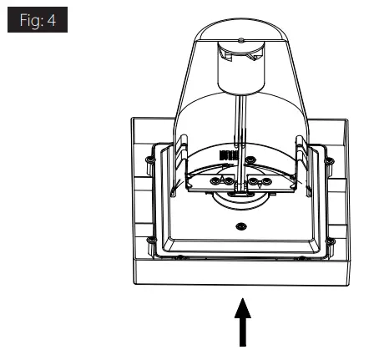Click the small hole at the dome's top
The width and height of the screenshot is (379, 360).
click(x=239, y=39)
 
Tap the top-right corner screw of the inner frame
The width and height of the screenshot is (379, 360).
click(x=331, y=158)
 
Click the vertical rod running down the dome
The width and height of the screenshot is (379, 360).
click(x=239, y=125)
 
